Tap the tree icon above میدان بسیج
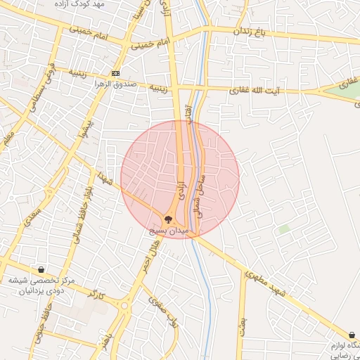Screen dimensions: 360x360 click(168, 219)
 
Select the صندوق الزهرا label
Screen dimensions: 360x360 click(115, 84)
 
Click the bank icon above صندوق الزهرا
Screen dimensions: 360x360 click(115, 73)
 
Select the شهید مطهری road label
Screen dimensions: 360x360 click(275, 289)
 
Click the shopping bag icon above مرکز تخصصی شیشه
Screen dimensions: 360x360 click(41, 269)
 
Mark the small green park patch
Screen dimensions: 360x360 click(284, 229)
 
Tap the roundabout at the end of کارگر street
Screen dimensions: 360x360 click(125, 306)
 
